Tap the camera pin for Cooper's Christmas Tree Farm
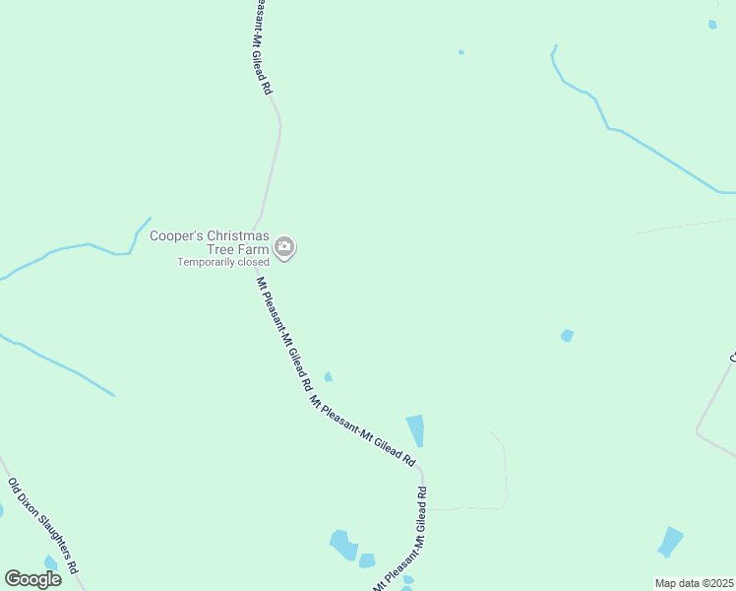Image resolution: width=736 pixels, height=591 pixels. [x=284, y=248]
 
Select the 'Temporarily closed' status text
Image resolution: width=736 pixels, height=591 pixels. [x=222, y=262]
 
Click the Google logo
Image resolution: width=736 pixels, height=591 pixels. [x=33, y=579]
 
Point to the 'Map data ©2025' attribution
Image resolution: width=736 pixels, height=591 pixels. [x=695, y=583]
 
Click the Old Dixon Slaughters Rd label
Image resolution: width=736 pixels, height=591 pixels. [x=42, y=528]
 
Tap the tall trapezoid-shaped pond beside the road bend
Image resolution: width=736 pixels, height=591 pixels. [x=415, y=429]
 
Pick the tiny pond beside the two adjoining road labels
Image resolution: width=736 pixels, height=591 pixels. [x=328, y=376]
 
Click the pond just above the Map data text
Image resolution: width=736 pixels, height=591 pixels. [x=670, y=542]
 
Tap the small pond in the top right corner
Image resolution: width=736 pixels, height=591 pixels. [x=712, y=25]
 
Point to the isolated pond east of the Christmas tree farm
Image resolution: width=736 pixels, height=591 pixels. [x=567, y=336]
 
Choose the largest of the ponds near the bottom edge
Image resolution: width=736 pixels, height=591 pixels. [x=343, y=544]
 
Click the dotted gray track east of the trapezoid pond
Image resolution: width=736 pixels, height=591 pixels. [x=505, y=473]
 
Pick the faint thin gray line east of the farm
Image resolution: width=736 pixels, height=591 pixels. [x=689, y=225]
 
